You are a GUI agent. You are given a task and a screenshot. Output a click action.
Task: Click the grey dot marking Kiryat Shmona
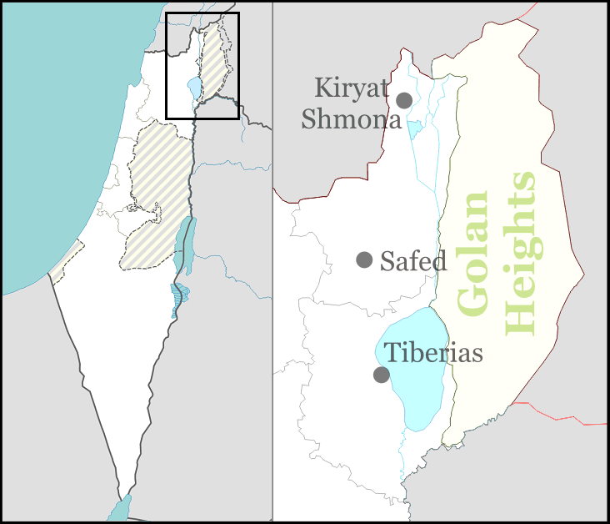point(404,100)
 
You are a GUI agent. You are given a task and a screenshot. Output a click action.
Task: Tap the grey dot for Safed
point(364,259)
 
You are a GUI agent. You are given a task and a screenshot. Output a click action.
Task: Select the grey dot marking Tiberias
point(381,375)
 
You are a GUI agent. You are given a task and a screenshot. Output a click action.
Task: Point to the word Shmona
point(351,119)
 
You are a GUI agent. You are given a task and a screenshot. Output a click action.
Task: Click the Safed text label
point(413,261)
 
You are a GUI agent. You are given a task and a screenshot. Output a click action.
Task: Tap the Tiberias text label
point(433,352)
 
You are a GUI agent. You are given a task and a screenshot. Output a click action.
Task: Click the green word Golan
point(473,254)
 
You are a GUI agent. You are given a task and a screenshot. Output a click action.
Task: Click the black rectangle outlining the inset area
point(202,13)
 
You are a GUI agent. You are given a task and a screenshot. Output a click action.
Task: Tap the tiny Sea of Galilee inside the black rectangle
point(194,87)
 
